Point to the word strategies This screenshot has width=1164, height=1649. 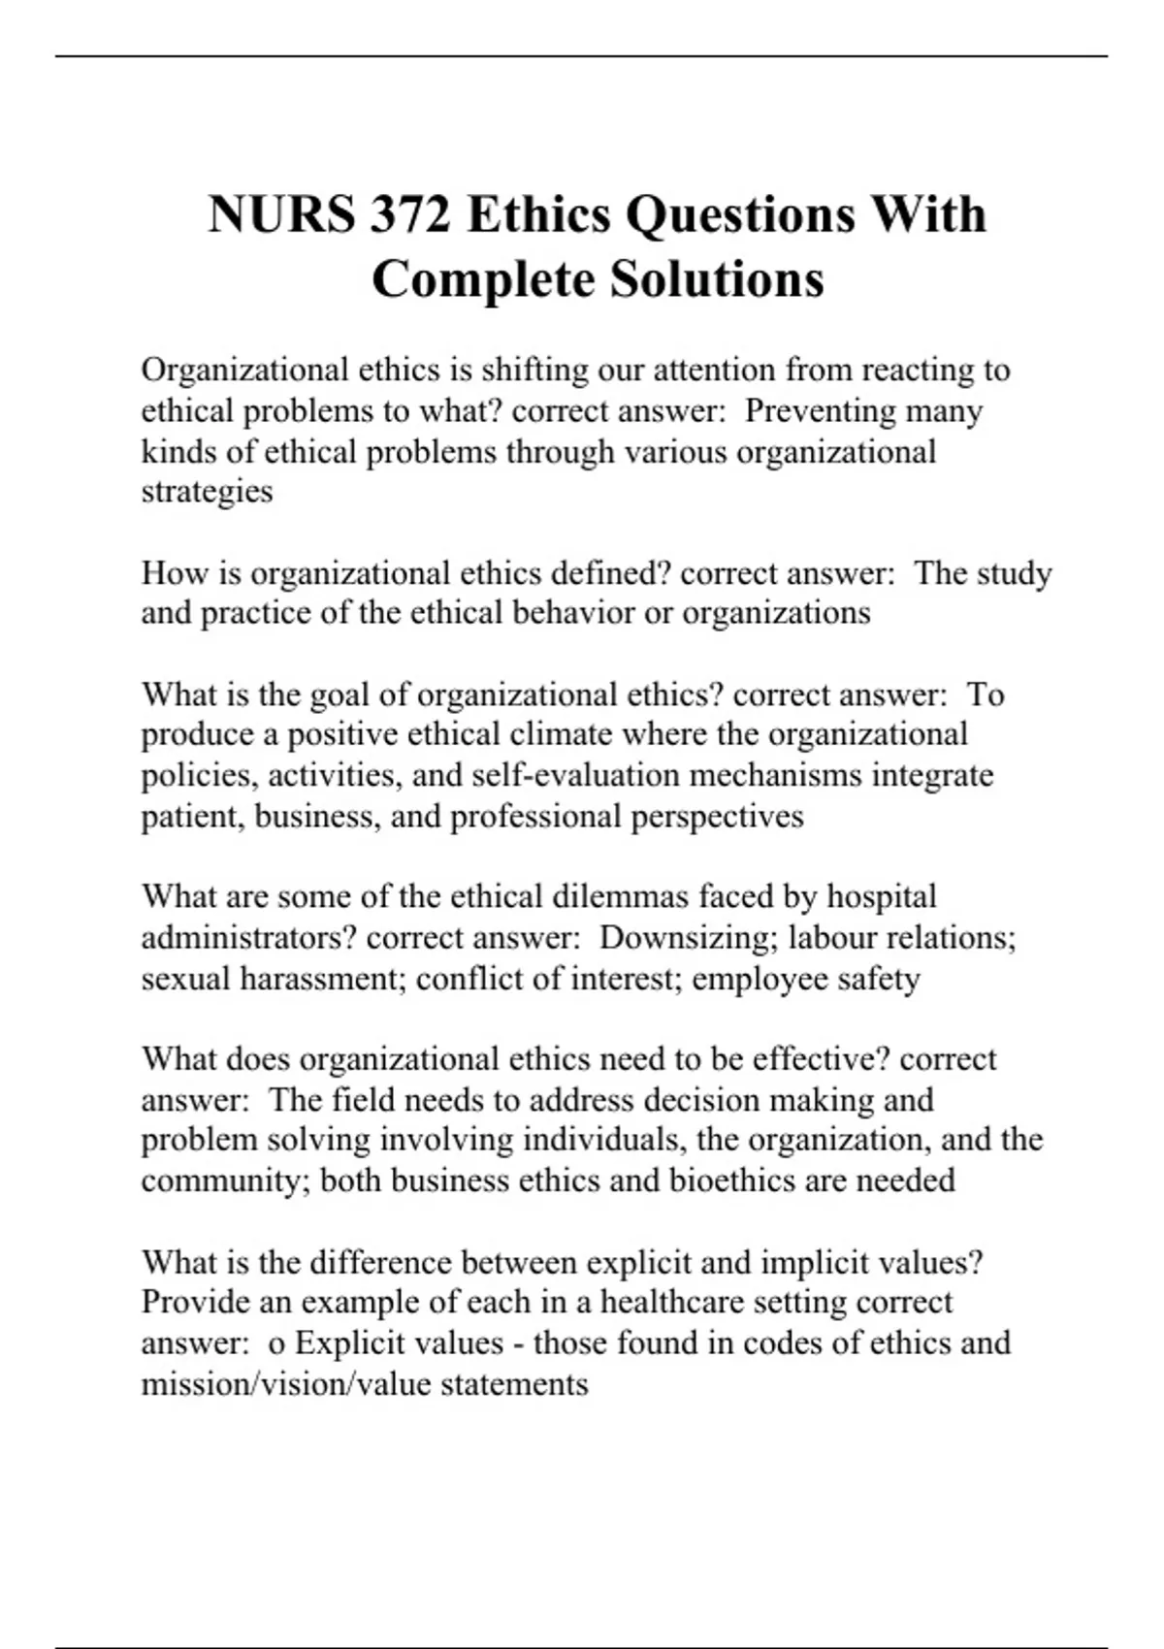point(207,492)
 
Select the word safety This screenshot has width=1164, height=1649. point(878,979)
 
